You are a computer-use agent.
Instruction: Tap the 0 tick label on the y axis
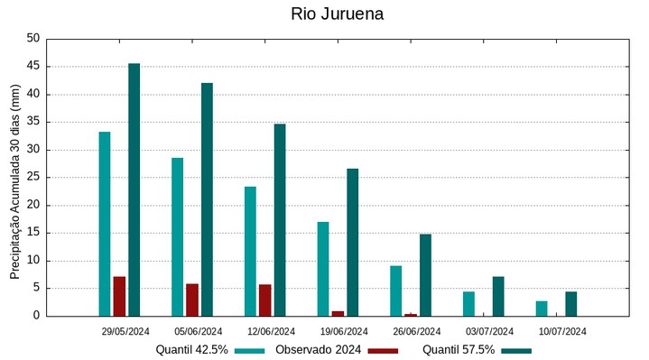37,316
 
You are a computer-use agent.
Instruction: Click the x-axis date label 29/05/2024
125,331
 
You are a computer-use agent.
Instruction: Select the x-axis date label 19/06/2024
344,331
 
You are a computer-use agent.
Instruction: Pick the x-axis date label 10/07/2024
562,331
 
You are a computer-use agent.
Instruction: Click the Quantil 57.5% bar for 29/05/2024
134,189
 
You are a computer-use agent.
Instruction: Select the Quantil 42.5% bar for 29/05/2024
105,224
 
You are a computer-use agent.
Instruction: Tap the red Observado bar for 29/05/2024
119,296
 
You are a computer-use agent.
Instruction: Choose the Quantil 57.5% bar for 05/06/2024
207,199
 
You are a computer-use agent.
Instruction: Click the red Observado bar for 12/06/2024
265,300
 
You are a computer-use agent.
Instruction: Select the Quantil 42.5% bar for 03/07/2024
468,304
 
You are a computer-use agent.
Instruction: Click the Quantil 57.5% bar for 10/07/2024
571,304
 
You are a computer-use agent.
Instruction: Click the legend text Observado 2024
319,349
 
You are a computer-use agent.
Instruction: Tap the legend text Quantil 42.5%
192,349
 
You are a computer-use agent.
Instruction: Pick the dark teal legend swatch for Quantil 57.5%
516,350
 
